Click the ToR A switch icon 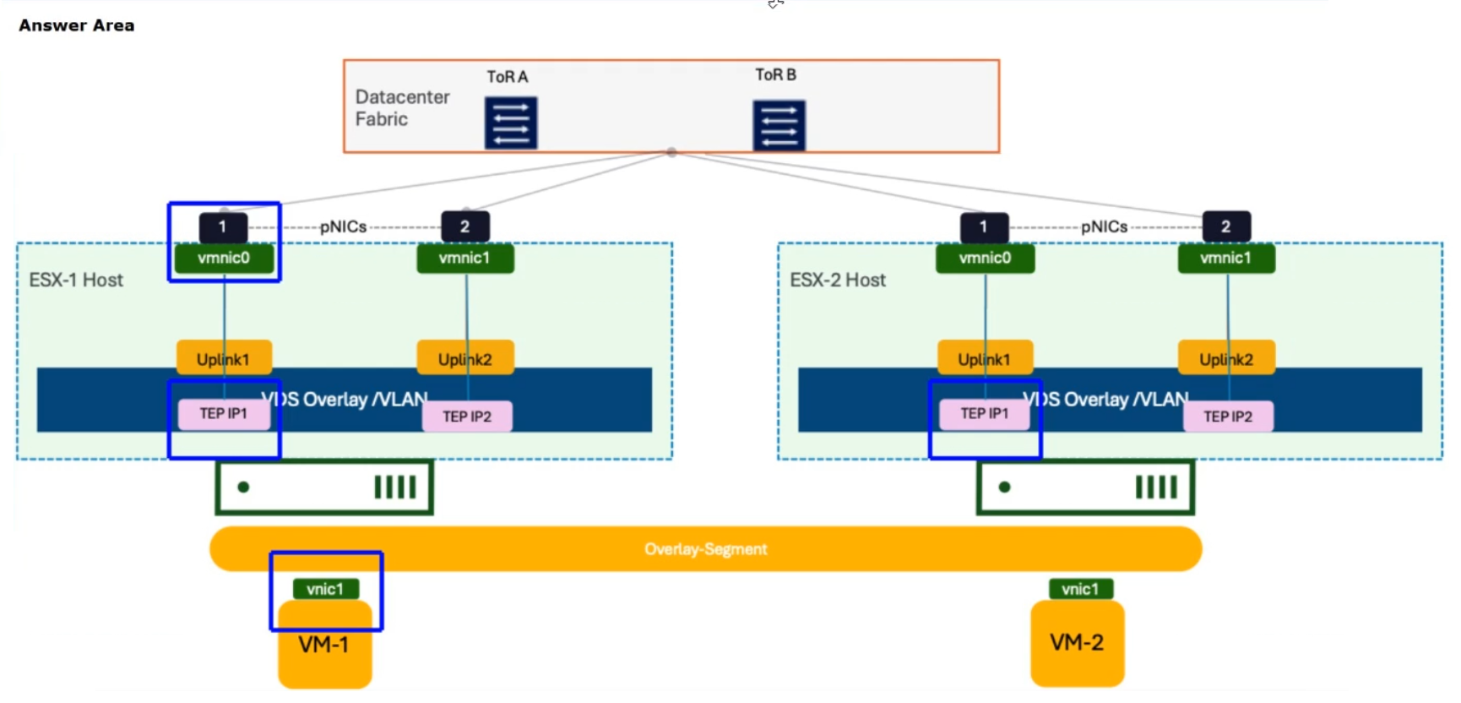tap(511, 123)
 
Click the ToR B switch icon tap(779, 125)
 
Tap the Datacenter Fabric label tap(402, 108)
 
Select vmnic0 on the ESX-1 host tap(224, 259)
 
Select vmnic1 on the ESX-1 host tap(465, 259)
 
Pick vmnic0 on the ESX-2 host tap(985, 259)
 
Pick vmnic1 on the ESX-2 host tap(1226, 259)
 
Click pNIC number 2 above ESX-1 tap(465, 226)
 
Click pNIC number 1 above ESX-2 tap(984, 226)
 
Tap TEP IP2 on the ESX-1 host tap(467, 417)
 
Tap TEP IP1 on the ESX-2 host tap(985, 413)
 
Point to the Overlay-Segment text tap(706, 549)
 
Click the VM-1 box tap(325, 644)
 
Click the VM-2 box tap(1078, 643)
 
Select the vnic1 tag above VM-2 tap(1081, 589)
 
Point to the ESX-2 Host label tap(838, 280)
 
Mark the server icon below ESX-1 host tap(325, 488)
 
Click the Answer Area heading tap(77, 25)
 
